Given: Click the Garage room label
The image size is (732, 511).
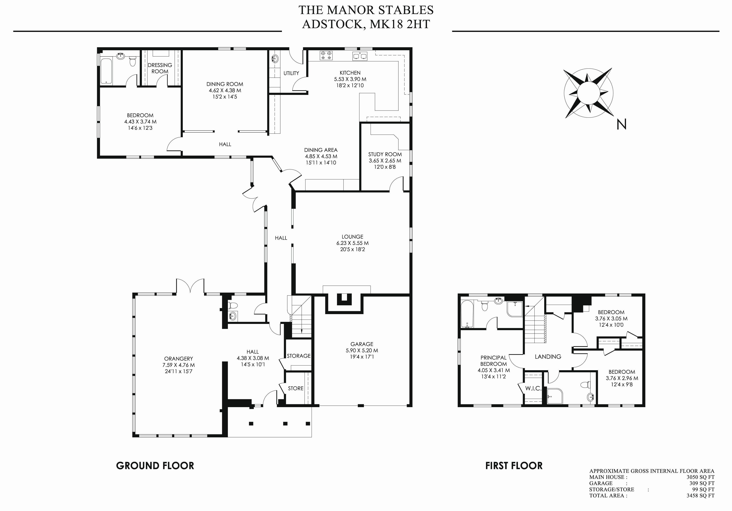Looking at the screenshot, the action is coord(362,344).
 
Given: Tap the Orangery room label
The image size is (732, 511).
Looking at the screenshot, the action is coord(179,359).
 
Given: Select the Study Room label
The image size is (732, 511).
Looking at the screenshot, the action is coord(385,154).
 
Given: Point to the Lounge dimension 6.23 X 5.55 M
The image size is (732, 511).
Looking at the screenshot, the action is coord(352,243).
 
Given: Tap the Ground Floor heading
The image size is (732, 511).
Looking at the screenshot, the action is coord(155,466).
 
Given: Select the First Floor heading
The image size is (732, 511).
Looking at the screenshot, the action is coord(514,466).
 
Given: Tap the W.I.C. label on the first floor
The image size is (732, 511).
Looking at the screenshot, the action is coord(533,388).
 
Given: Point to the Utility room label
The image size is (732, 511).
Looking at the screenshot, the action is coord(291,73).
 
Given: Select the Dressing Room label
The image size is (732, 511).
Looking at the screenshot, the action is coord(160,68).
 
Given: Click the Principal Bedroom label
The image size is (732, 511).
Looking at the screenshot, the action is coord(493,361).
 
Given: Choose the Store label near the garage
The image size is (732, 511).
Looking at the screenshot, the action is coord(295,388).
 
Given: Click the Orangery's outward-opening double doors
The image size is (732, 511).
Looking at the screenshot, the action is coord(190,286).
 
